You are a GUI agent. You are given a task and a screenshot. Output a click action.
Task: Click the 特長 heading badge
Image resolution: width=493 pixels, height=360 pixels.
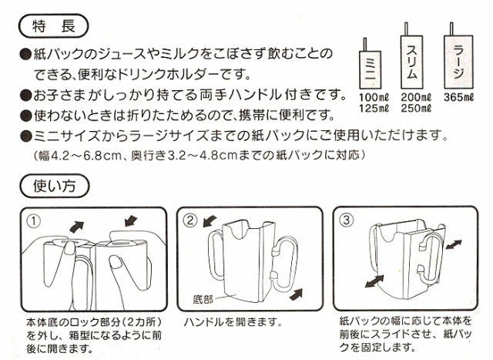54,25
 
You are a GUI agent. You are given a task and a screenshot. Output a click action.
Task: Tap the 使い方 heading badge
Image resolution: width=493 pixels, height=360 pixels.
55,186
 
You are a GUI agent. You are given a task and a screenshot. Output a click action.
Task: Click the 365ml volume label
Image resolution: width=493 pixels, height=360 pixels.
458,97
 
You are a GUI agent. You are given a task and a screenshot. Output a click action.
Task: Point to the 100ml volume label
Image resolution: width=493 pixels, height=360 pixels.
374,97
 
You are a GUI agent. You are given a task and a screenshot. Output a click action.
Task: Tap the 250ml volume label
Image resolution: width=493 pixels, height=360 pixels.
416,108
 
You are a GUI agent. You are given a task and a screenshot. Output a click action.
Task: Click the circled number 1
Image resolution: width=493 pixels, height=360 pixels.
34,221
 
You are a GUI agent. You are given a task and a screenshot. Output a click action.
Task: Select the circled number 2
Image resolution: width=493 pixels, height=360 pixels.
190,220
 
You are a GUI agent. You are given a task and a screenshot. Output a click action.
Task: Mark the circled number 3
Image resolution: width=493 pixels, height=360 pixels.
346,220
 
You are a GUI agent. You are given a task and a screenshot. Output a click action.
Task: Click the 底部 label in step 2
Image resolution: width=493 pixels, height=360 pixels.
203,299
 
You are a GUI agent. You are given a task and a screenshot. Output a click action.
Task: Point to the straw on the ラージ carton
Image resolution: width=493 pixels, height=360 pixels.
451,29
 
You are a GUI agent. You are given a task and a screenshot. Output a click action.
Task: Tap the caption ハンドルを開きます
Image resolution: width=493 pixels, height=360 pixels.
233,322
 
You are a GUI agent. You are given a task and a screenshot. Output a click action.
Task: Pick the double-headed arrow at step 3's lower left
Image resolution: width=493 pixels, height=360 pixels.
374,281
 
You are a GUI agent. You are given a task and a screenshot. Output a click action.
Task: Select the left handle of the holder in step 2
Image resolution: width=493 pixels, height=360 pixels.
216,254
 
